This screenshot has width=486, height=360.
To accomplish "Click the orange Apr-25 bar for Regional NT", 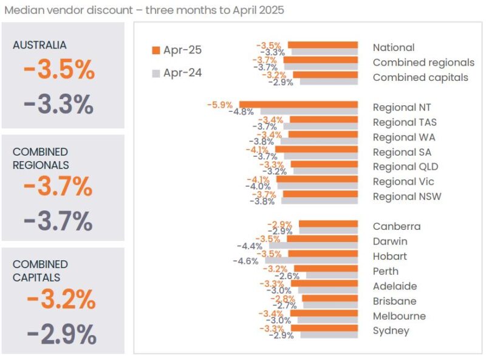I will [298, 105].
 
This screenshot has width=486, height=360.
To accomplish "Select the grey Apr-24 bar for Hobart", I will [311, 260].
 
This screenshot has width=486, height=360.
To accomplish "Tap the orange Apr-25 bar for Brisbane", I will [330, 298].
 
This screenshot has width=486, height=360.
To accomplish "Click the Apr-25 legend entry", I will [177, 50].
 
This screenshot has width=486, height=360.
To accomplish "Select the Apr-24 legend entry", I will [177, 73].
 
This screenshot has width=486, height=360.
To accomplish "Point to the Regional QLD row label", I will [405, 167].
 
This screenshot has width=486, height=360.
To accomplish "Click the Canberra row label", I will [396, 226].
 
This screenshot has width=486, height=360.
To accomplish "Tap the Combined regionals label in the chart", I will [423, 62].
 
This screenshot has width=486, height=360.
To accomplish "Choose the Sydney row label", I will [391, 331].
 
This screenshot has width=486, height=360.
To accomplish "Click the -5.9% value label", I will [219, 105].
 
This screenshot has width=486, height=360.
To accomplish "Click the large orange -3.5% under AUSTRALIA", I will [60, 71].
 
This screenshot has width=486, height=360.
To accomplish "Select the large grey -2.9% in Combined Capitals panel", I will [61, 334].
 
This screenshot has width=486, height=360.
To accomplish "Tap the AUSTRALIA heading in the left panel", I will [39, 45].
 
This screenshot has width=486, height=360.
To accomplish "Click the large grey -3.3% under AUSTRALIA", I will [59, 105].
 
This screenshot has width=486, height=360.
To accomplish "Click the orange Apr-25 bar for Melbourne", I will [327, 313].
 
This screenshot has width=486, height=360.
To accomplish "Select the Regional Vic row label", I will [403, 181].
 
